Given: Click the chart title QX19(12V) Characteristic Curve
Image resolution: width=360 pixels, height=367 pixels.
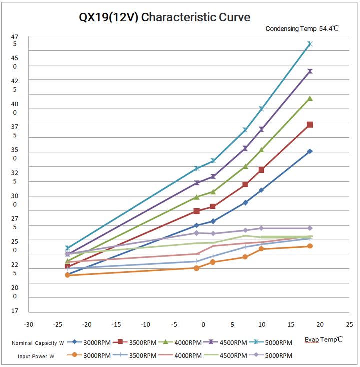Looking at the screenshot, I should (164, 17).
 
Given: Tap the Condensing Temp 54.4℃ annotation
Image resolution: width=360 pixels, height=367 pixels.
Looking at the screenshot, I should (302, 29).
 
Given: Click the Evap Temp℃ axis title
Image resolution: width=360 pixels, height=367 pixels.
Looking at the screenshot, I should (324, 339).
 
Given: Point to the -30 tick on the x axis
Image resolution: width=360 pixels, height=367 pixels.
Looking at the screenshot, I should (29, 324).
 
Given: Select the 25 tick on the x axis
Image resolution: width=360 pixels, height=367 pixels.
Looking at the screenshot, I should (349, 324).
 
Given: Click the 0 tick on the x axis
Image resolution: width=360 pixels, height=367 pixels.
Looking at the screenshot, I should (203, 324).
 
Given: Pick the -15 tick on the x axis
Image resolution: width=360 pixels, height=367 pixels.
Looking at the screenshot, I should (116, 324).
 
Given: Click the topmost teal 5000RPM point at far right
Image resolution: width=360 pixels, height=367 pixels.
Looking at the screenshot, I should (310, 44).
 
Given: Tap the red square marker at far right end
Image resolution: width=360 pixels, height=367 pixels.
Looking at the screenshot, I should (310, 124).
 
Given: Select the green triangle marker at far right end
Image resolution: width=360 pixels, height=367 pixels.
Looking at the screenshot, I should (310, 98).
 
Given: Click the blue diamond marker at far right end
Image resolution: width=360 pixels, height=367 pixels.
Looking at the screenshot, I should (310, 151).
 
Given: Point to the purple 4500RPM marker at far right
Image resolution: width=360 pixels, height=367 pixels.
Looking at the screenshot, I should (310, 71).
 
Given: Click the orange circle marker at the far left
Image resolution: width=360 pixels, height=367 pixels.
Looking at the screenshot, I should (67, 275).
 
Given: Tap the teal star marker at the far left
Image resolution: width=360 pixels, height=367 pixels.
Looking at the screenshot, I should (67, 248).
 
